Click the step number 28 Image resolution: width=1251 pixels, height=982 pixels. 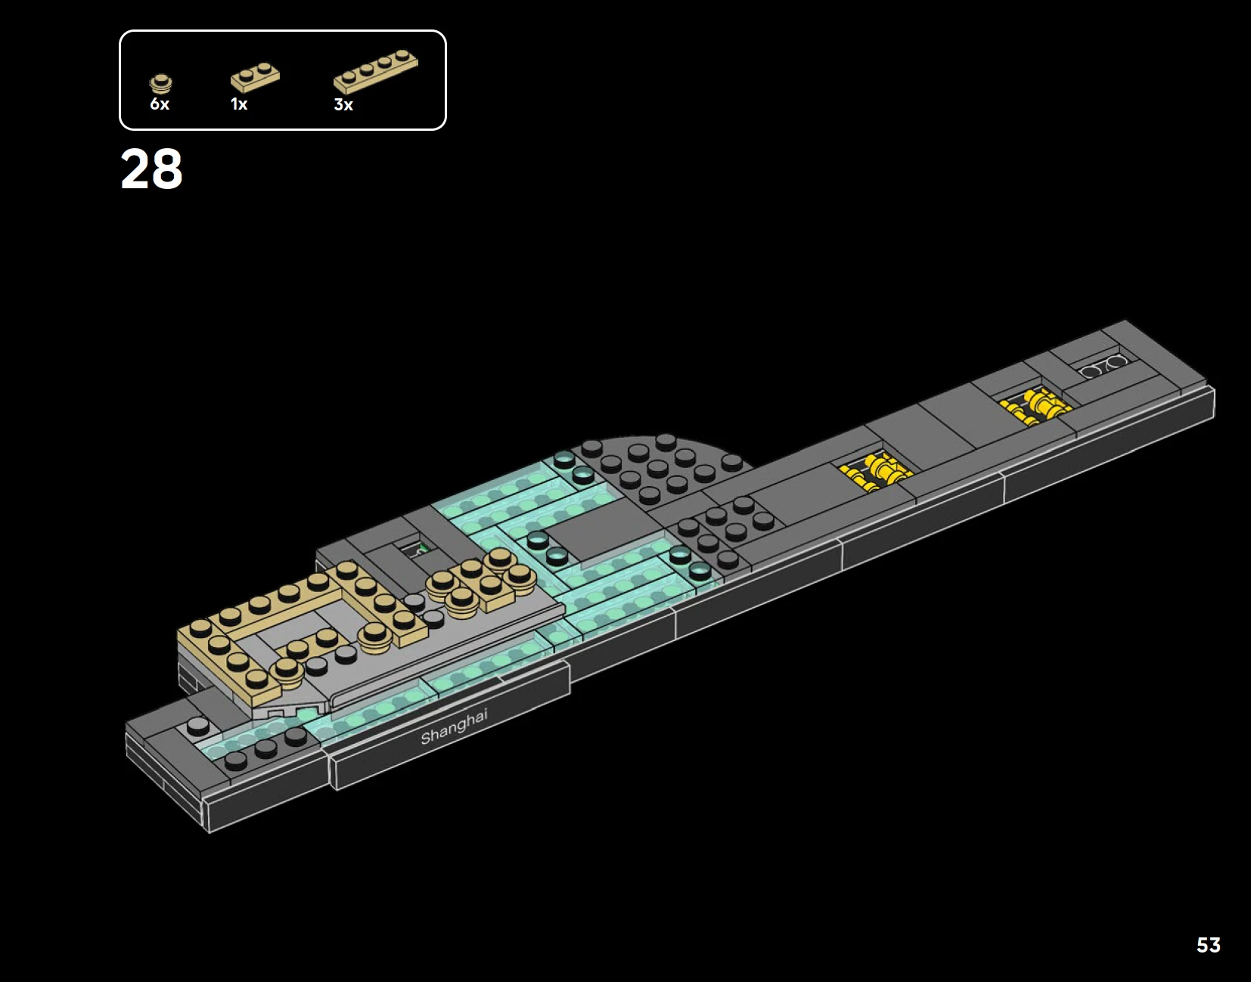[151, 169]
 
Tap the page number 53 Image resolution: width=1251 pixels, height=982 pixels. [1208, 945]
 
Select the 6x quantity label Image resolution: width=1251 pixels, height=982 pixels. [160, 104]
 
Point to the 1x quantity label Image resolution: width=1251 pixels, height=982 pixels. [239, 104]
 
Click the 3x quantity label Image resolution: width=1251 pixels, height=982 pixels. [343, 105]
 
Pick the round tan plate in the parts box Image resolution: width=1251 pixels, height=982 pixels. [160, 83]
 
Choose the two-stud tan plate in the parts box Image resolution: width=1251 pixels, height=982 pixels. [255, 77]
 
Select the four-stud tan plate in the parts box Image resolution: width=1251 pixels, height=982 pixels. [375, 71]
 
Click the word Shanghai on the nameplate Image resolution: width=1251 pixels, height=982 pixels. [454, 726]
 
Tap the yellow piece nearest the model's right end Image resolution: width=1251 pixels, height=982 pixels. [1036, 406]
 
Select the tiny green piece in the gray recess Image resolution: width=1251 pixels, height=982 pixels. [422, 550]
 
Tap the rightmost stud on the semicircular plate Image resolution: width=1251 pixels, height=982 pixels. [731, 461]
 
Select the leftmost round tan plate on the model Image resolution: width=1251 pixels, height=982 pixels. [286, 668]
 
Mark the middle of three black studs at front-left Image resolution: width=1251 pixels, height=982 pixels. [265, 748]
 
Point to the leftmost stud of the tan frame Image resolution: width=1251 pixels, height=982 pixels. [200, 627]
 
